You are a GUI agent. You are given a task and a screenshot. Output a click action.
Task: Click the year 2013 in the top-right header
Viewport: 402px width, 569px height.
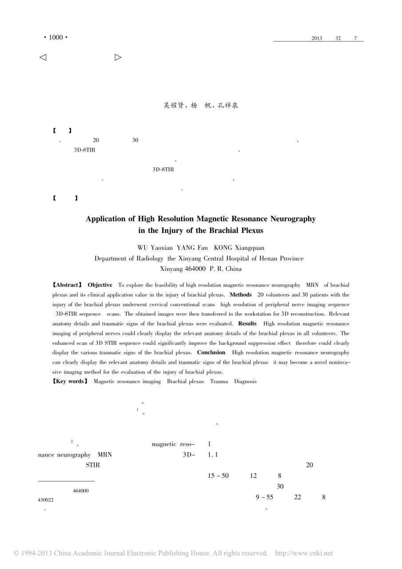click(317, 38)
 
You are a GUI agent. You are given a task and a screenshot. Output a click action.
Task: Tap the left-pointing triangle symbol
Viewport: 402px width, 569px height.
click(43, 57)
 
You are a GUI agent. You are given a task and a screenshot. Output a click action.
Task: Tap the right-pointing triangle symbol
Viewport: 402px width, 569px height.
click(118, 57)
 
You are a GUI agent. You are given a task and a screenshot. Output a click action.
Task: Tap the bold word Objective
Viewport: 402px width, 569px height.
click(100, 284)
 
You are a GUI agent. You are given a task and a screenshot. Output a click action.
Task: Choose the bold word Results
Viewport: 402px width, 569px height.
click(247, 324)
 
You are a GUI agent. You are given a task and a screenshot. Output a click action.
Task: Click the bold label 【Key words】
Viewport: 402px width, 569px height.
click(70, 381)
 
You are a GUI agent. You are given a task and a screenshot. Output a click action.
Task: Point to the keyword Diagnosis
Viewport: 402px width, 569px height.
click(243, 381)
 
